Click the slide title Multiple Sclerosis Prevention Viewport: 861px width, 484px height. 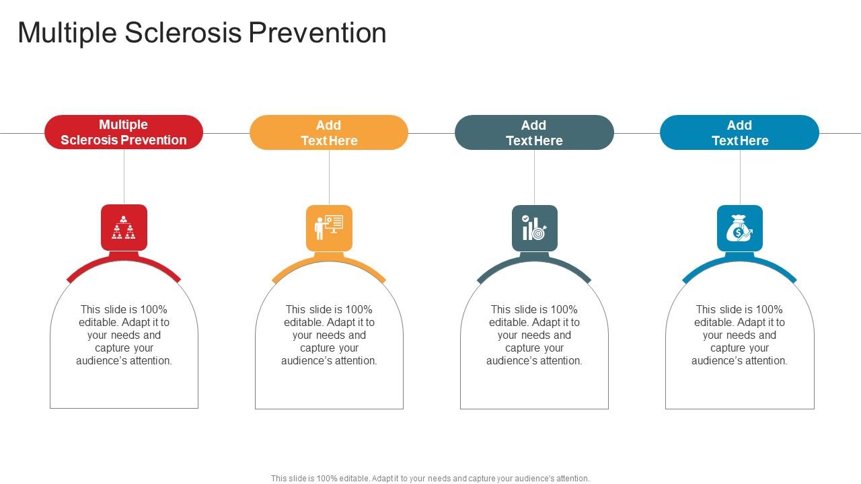(202, 33)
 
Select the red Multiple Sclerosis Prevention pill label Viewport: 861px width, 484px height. (124, 132)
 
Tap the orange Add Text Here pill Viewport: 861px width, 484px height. (329, 132)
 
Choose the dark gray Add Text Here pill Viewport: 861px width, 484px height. (534, 132)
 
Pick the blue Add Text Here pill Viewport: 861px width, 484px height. (739, 132)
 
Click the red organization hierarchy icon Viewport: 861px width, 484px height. (124, 228)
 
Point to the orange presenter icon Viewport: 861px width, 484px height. (329, 228)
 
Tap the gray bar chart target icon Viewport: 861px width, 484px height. (534, 228)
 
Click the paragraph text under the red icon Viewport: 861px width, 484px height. (124, 335)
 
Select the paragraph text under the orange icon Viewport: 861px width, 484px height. (329, 335)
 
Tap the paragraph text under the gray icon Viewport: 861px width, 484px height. (534, 335)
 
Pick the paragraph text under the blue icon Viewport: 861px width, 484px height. (739, 335)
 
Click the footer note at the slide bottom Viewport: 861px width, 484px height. (430, 479)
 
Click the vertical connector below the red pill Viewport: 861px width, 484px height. (124, 176)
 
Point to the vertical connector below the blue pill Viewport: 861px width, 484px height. (740, 177)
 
